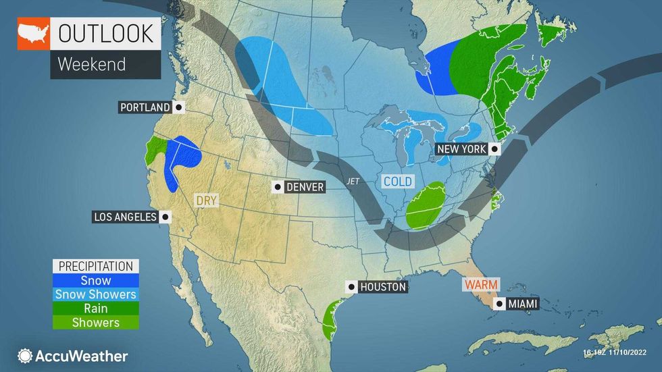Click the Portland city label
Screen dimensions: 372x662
pos(145,107)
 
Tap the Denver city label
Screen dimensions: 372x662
pos(305,187)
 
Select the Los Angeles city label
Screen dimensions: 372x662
pos(124,217)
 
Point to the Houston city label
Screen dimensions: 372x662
pos(382,287)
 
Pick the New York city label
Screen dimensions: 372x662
pos(461,149)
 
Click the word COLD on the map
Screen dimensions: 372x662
pos(398,182)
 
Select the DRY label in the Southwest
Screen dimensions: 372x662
pos(206,201)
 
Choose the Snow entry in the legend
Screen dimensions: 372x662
pos(95,280)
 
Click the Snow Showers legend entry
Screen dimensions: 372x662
pos(95,294)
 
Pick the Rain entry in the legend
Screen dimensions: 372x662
pos(95,309)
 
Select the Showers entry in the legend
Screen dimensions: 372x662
pos(95,323)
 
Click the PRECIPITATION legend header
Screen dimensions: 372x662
pos(95,266)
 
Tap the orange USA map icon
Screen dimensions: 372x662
pos(33,33)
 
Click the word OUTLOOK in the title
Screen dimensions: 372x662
pos(105,34)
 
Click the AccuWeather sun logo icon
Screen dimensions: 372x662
pos(25,356)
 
